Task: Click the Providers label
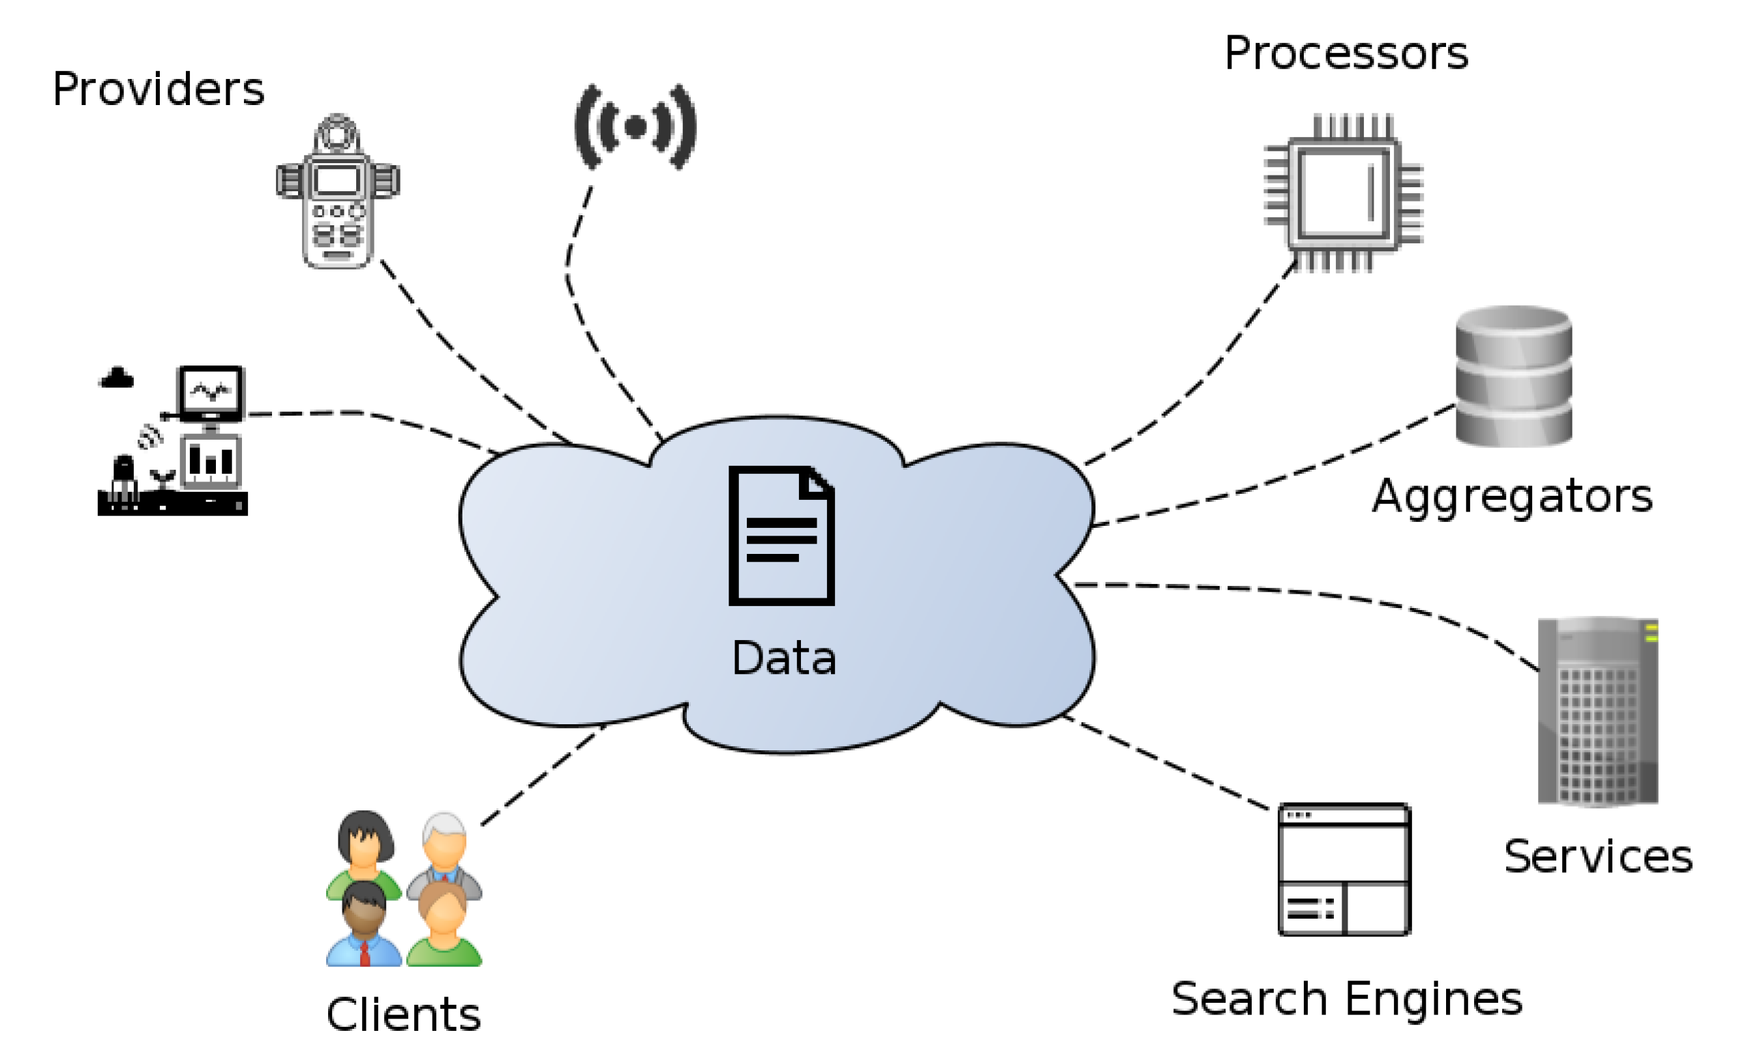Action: coord(158,89)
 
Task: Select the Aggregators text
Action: coord(1511,497)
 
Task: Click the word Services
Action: coord(1597,857)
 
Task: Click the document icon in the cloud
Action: coord(781,536)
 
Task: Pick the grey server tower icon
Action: coord(1597,712)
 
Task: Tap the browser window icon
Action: coord(1344,870)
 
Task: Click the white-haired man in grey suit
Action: coord(445,853)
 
